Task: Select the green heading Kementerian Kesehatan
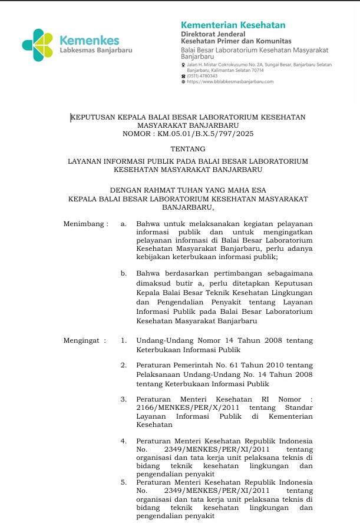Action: tap(233, 25)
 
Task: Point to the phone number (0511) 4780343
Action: tap(202, 76)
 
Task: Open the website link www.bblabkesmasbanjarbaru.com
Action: tap(232, 82)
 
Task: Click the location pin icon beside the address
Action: tap(183, 64)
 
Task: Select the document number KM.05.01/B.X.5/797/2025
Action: tap(206, 134)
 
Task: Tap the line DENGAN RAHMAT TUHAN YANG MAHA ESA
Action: tap(188, 190)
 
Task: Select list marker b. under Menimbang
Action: tap(124, 274)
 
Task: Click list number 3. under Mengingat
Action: tap(124, 399)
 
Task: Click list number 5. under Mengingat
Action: tap(124, 482)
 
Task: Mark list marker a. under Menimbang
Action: tap(124, 224)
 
